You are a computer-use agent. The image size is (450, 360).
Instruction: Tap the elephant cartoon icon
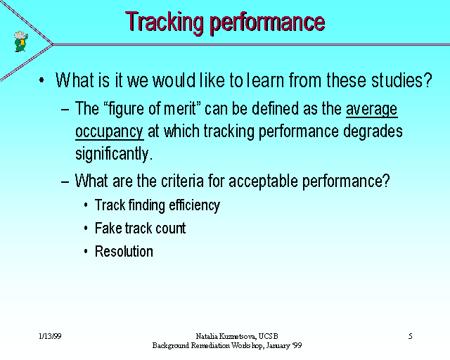pos(21,41)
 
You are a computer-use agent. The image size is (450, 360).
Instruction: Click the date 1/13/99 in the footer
pos(50,336)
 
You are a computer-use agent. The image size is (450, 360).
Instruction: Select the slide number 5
pos(411,336)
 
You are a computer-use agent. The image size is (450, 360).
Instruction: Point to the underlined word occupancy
pos(110,131)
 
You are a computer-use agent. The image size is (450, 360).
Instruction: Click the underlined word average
pos(372,109)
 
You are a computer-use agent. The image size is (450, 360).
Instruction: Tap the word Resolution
pos(124,251)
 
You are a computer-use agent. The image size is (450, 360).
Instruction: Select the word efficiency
pos(194,206)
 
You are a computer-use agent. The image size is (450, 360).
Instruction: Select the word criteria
pos(182,181)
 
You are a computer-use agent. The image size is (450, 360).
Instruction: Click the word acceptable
pos(264,181)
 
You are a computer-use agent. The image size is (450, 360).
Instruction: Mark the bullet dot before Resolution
pos(86,252)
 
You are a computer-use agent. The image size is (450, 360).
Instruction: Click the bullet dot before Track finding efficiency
pos(86,205)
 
